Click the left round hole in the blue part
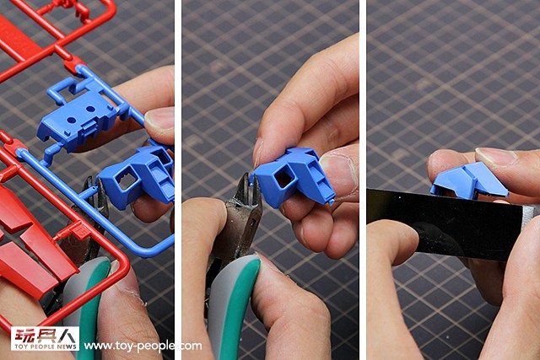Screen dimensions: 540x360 (72, 121)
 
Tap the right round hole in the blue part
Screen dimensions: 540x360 (90, 109)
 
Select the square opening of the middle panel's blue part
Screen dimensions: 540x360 (284, 179)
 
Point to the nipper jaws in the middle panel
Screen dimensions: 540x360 (250, 193)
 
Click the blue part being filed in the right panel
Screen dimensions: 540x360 (469, 180)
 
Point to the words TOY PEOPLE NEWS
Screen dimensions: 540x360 (45, 347)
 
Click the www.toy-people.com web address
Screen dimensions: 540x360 (143, 346)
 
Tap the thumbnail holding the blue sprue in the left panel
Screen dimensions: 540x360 (159, 120)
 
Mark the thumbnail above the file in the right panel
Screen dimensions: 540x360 (497, 157)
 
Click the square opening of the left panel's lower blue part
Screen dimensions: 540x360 (127, 180)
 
